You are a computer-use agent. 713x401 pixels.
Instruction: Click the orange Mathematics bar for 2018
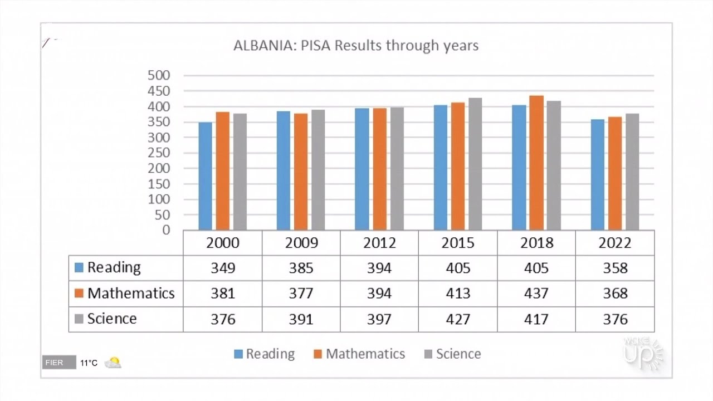(x=536, y=163)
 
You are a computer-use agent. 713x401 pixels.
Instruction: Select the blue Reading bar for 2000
(x=205, y=176)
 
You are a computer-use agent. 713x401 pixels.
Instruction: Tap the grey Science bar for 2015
(x=475, y=164)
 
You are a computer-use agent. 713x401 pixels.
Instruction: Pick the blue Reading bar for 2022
(x=597, y=174)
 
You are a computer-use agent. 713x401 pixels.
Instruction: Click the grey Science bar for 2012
(x=397, y=168)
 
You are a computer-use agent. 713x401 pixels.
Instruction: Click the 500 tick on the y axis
(x=159, y=75)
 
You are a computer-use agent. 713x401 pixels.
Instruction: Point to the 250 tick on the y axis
(x=159, y=153)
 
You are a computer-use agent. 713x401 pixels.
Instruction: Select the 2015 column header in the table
(x=458, y=243)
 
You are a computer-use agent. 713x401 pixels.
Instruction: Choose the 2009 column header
(x=301, y=243)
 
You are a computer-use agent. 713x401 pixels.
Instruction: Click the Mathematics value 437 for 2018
(x=536, y=294)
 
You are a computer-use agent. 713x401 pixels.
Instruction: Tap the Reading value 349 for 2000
(x=223, y=268)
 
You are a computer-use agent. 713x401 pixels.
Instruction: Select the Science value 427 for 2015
(x=458, y=319)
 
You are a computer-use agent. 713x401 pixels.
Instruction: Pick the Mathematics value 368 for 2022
(x=615, y=294)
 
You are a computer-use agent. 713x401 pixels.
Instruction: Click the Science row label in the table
(x=111, y=319)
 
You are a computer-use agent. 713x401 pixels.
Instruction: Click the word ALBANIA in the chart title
(x=265, y=45)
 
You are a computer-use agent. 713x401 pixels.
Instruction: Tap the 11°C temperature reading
(x=89, y=363)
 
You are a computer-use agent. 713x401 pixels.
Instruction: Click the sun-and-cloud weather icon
(x=113, y=363)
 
